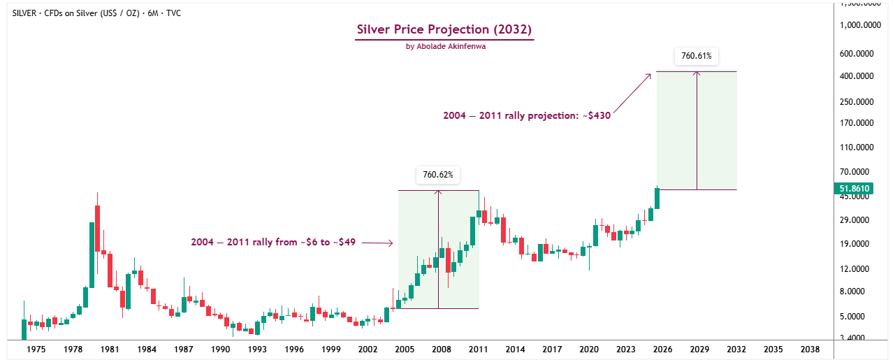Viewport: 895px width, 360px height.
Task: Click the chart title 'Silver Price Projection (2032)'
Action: [x=444, y=29]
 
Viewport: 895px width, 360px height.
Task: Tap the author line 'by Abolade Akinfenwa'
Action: [x=444, y=46]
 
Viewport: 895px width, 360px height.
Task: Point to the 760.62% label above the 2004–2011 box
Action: [x=438, y=175]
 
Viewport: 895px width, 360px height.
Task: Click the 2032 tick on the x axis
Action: [x=736, y=349]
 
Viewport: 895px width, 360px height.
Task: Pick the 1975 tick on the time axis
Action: [x=36, y=349]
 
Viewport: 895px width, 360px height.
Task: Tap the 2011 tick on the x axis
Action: [x=478, y=349]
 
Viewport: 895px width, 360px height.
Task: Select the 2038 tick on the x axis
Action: [x=810, y=349]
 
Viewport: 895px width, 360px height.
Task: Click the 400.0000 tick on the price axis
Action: [x=858, y=75]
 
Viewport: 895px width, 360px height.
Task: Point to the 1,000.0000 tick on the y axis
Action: [x=856, y=25]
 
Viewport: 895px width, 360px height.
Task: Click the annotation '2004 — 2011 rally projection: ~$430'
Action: [x=527, y=116]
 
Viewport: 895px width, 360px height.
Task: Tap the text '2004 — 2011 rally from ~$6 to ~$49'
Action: [x=273, y=243]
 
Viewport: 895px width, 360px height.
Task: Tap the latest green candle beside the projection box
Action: [x=657, y=198]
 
